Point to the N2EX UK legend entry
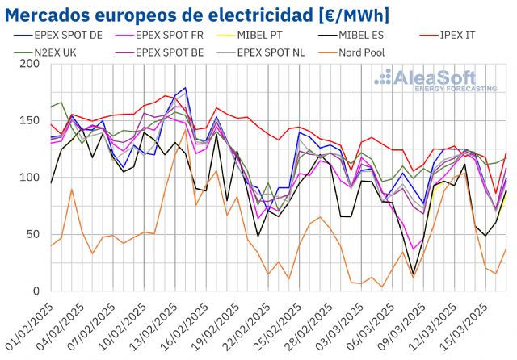50,52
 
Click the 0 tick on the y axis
36,291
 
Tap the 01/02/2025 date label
28,327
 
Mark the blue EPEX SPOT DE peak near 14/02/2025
185,88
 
